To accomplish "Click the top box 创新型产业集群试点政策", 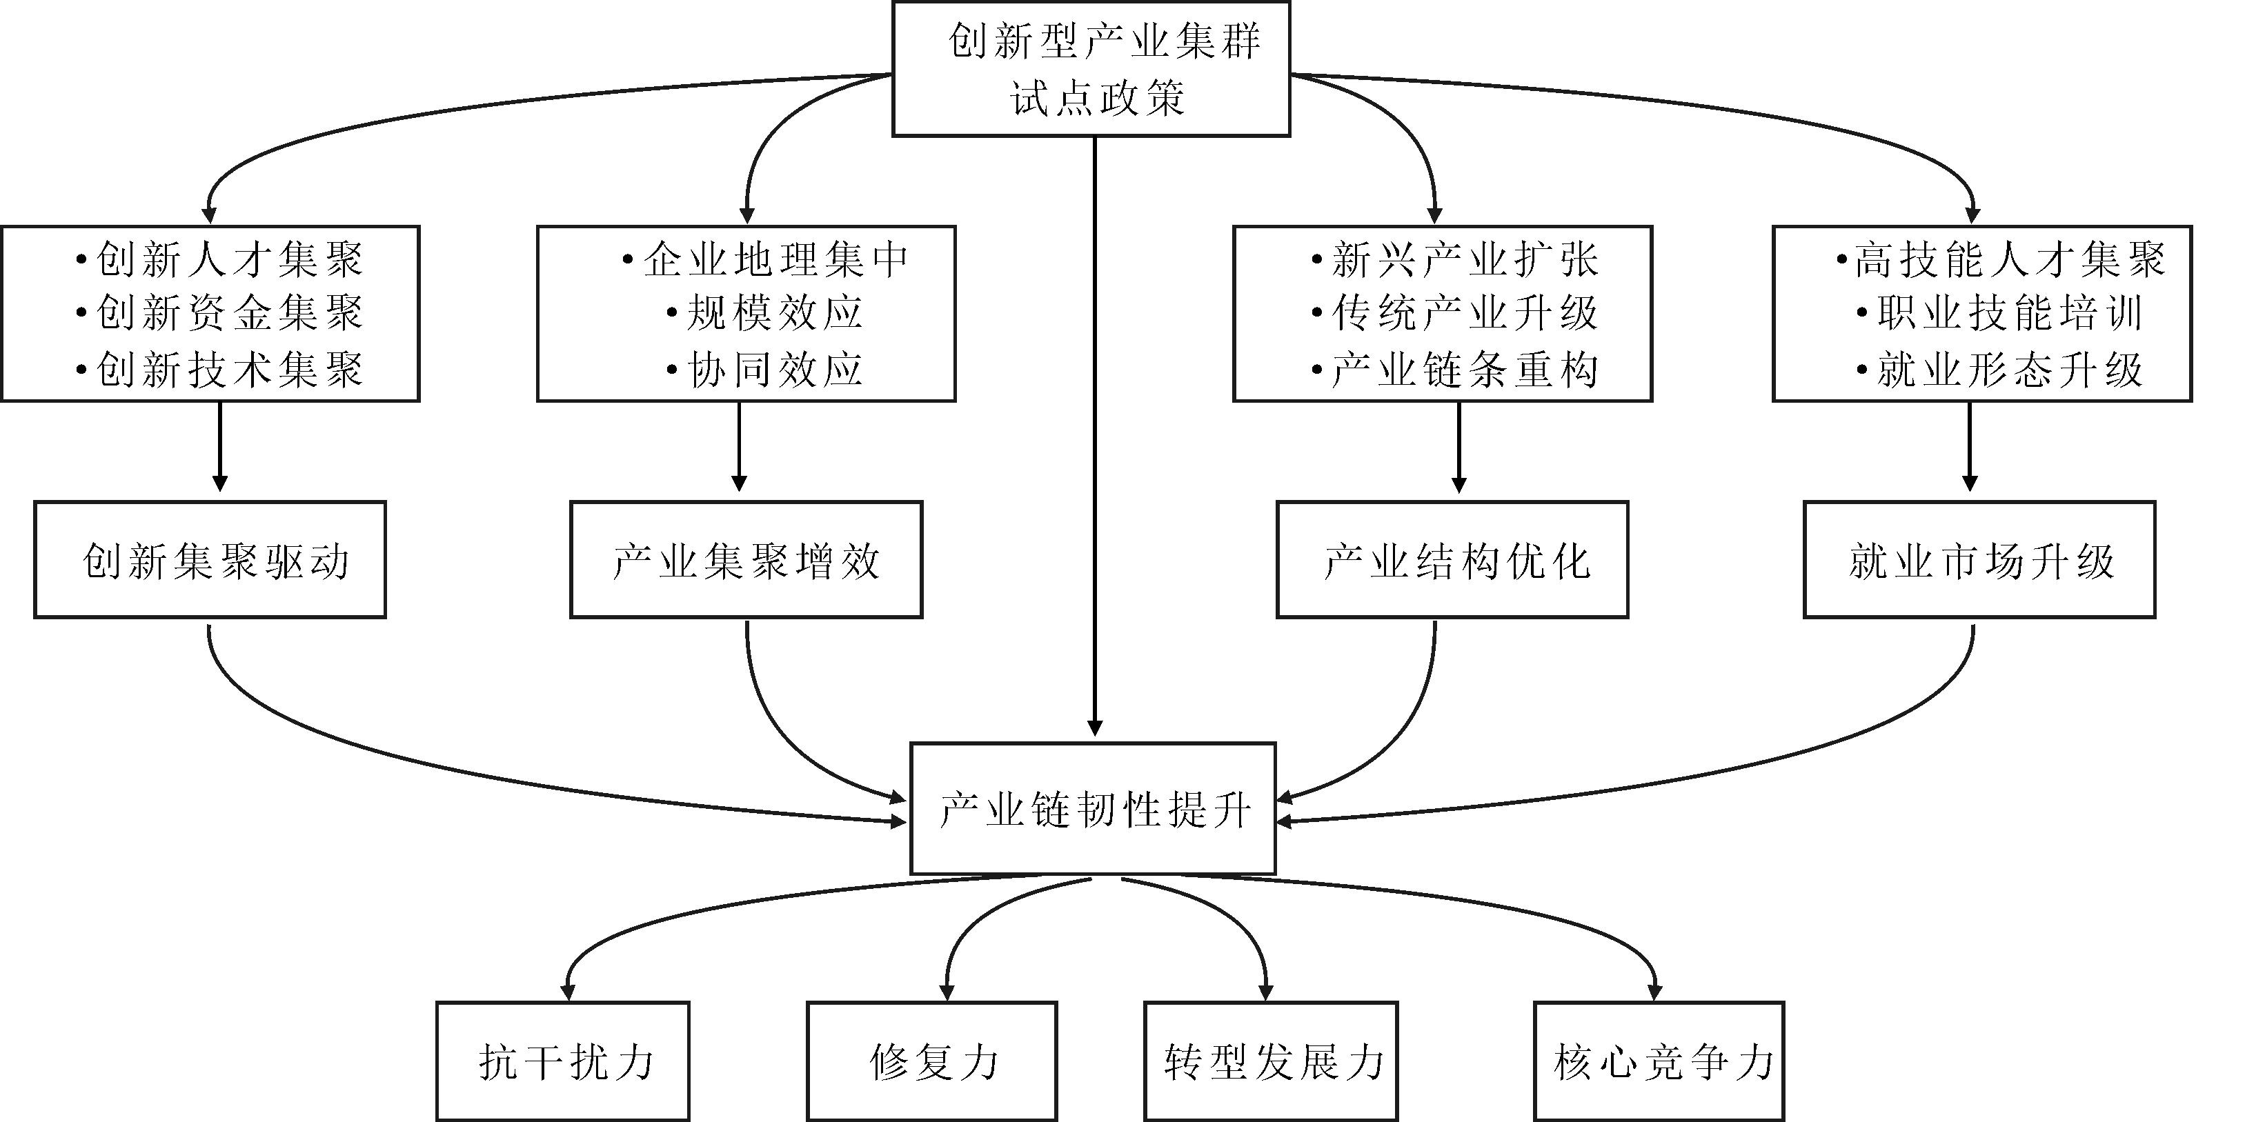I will coord(1091,69).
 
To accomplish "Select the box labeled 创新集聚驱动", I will coord(210,560).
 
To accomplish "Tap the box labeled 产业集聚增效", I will coord(746,560).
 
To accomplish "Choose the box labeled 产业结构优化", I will coord(1452,560).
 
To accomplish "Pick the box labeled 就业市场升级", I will coord(1979,560).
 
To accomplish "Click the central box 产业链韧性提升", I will coord(1093,808).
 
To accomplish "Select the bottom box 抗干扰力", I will coord(563,1062).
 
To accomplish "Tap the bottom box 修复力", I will coord(931,1062).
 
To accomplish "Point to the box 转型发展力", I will coord(1271,1062).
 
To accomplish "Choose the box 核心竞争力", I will coord(1659,1062).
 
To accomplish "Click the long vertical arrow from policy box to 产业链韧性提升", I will coord(1096,436).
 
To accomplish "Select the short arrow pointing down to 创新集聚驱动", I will coord(219,446).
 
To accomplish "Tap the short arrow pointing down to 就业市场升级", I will coord(1970,446).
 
